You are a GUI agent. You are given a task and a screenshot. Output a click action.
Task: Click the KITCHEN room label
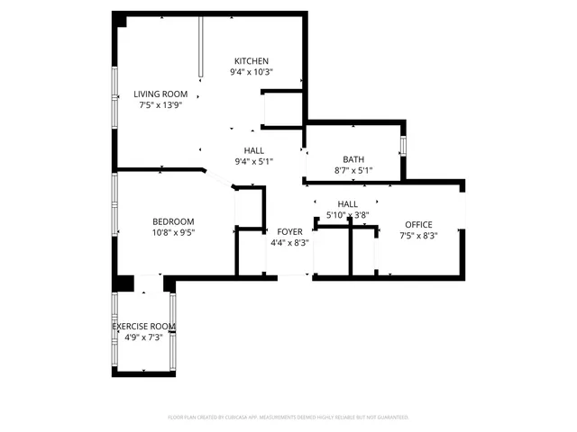pos(252,60)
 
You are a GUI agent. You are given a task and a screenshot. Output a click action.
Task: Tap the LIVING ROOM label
pos(160,94)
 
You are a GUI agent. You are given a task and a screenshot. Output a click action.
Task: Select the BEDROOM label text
pos(173,221)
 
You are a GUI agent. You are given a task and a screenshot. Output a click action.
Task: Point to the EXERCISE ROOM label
pos(143,327)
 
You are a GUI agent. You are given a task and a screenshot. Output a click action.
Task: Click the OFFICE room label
pos(418,224)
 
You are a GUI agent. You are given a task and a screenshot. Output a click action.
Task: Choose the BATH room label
pos(353,159)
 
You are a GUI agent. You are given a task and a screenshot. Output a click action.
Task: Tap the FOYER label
pos(289,231)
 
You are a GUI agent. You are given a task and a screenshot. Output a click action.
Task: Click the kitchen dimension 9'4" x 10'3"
pos(252,72)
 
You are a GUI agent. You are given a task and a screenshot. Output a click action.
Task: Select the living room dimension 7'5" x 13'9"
pos(160,105)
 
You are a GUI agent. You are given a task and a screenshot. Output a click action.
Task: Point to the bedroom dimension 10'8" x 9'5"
pos(173,232)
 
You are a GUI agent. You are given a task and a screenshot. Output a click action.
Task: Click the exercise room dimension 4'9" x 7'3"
pos(143,337)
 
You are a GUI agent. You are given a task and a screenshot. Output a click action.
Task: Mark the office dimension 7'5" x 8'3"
pos(418,236)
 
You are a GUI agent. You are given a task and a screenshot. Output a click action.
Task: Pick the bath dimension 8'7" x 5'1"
pos(353,170)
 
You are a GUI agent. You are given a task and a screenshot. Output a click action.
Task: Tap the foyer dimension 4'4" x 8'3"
pos(289,242)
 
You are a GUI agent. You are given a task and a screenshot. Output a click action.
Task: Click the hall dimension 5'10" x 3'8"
pos(347,215)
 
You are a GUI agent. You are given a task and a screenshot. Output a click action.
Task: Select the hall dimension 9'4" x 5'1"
pos(253,162)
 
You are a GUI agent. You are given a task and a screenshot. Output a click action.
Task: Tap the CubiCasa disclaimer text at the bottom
pos(288,418)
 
